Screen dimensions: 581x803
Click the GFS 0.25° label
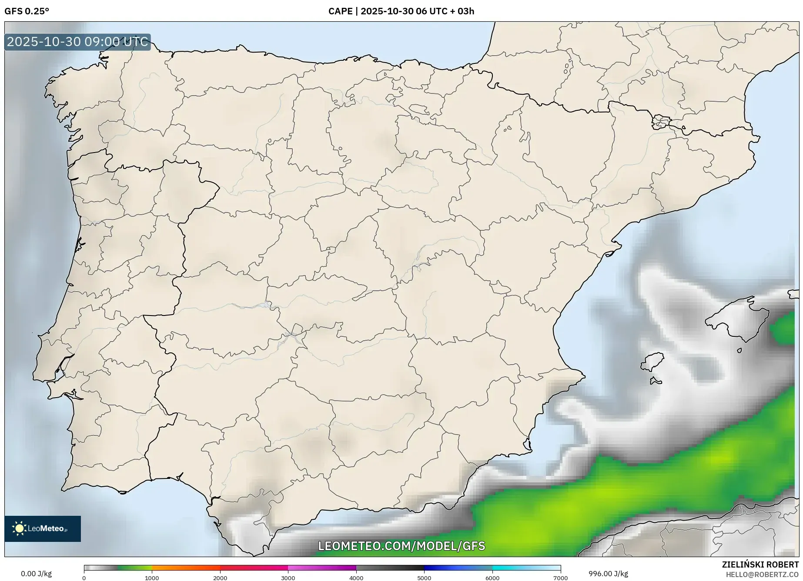[27, 11]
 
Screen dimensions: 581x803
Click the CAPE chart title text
[401, 11]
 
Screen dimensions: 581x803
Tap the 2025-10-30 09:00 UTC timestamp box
[77, 42]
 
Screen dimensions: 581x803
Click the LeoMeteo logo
[43, 528]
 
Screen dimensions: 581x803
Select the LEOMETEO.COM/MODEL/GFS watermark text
[401, 546]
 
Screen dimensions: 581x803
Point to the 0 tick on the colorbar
[84, 578]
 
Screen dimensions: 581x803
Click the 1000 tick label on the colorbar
[152, 578]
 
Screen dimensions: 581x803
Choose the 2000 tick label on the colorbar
[220, 578]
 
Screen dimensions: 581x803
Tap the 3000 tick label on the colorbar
[288, 578]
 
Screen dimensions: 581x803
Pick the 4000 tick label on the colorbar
[356, 578]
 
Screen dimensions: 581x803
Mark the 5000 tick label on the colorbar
[424, 578]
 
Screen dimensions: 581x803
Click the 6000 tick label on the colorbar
[492, 578]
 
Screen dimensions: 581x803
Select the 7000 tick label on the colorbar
[560, 578]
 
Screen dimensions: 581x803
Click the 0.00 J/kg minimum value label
[36, 574]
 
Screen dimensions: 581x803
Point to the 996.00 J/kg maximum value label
[608, 574]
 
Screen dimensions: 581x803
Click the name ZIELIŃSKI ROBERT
[760, 565]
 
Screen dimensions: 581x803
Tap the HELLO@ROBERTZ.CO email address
[762, 574]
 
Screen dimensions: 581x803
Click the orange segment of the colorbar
[186, 568]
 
